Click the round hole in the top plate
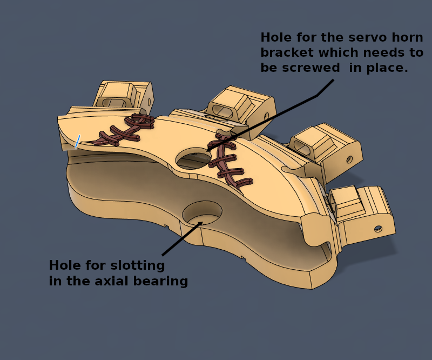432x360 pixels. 193,159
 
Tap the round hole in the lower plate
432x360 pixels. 202,214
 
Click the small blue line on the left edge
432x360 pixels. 78,142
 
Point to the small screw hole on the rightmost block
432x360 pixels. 378,229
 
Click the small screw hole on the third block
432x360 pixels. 349,159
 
